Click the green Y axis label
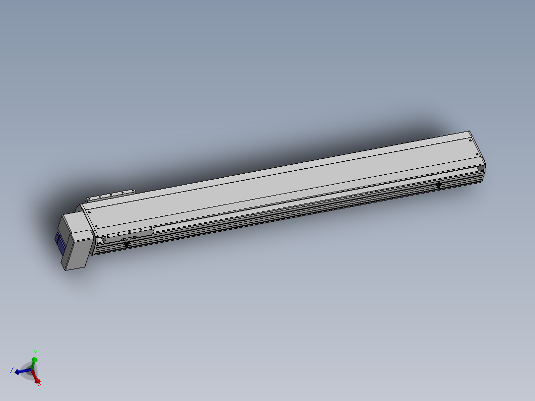[36, 353]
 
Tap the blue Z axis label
[12, 370]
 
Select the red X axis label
[40, 384]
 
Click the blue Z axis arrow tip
[16, 372]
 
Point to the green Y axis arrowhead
[34, 360]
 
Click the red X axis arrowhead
[37, 381]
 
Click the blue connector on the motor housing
[60, 243]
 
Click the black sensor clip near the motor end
[127, 244]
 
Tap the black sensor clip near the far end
[439, 185]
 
